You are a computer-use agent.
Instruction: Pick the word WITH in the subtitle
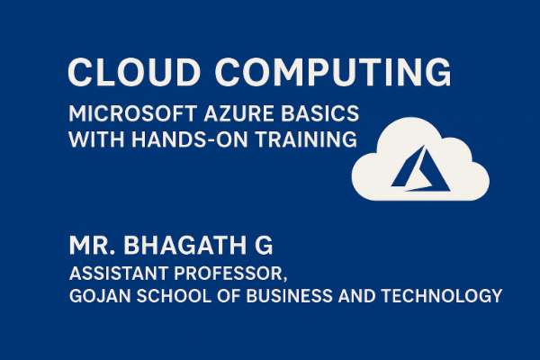[92, 141]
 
